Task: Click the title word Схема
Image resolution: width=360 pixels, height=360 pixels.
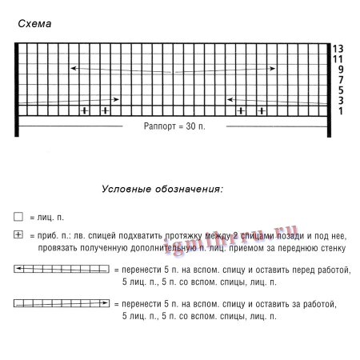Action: pyautogui.click(x=34, y=24)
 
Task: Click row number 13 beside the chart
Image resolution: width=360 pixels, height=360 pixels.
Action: pyautogui.click(x=340, y=49)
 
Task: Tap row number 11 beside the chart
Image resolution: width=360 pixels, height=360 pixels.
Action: pyautogui.click(x=340, y=59)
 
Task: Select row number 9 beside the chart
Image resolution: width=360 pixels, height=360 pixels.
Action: pyautogui.click(x=340, y=70)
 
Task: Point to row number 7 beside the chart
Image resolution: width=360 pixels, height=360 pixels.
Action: pyautogui.click(x=340, y=80)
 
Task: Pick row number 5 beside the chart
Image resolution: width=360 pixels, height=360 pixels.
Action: pyautogui.click(x=340, y=90)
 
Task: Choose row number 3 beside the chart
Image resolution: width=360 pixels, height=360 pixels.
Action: pyautogui.click(x=340, y=101)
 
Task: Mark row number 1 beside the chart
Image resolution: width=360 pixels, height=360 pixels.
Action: pyautogui.click(x=340, y=111)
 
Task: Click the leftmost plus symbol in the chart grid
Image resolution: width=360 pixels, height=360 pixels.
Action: pyautogui.click(x=85, y=110)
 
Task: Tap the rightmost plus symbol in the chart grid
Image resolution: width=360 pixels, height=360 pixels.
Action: pyautogui.click(x=260, y=110)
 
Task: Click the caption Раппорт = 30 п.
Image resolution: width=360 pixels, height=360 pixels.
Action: pyautogui.click(x=174, y=127)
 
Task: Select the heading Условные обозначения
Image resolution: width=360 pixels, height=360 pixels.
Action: pyautogui.click(x=162, y=190)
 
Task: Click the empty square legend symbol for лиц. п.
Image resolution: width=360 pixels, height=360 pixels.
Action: pyautogui.click(x=18, y=217)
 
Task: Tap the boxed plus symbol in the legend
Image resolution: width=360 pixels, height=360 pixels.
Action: pyautogui.click(x=18, y=234)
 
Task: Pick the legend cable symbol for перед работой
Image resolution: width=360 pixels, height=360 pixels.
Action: pyautogui.click(x=62, y=270)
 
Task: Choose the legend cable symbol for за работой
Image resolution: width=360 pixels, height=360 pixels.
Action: pyautogui.click(x=62, y=304)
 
